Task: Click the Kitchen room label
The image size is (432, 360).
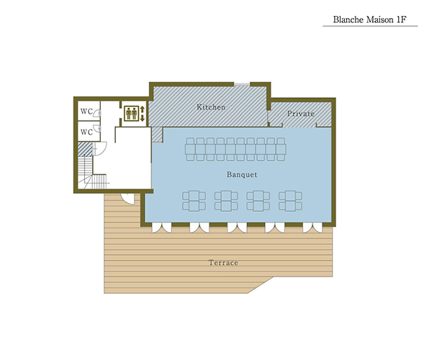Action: coord(211,107)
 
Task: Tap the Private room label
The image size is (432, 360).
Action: coord(300,114)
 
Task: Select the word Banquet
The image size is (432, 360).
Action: coord(242,174)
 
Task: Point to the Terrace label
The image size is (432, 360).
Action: coord(223,263)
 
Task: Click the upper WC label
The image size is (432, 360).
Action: coord(86,112)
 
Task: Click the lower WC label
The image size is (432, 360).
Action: coord(86,132)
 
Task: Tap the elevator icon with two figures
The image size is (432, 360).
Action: coord(132,113)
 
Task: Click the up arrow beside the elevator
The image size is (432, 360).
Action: coord(143,109)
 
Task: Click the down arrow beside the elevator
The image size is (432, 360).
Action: coord(143,118)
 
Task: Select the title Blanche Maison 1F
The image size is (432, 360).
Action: coord(370,19)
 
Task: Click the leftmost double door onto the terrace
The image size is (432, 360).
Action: coord(162,228)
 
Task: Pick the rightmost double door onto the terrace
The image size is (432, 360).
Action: coord(312,228)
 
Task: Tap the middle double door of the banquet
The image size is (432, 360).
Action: coord(237,228)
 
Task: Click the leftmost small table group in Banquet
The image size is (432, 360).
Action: coord(194,201)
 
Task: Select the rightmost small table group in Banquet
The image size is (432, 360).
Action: coord(290,201)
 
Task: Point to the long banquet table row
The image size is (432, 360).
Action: coord(235,149)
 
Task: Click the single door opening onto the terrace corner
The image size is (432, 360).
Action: coord(128,199)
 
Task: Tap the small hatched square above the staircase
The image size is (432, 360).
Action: coord(85,149)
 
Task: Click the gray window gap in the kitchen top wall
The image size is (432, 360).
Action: coord(242,84)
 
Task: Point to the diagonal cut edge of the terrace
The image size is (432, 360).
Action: coord(261,285)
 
